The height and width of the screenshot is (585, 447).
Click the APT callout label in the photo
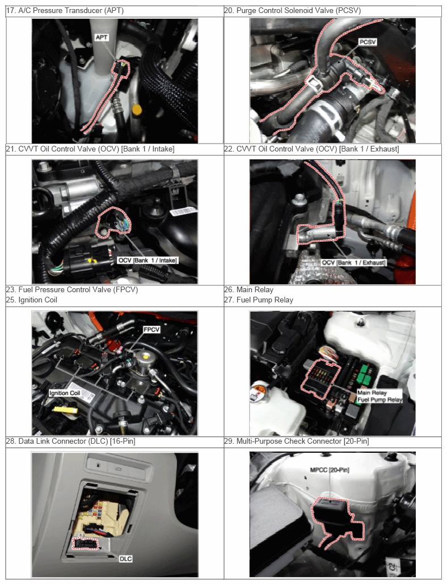tap(101, 37)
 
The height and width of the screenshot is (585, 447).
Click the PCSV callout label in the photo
tap(368, 42)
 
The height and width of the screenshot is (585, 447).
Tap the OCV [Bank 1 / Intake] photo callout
tap(147, 260)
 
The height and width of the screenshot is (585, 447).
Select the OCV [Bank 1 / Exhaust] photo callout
tap(354, 263)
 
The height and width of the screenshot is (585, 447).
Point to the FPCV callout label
tap(151, 330)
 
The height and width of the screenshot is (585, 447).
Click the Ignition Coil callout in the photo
tap(65, 393)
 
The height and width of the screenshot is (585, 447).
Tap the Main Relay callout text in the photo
tap(372, 393)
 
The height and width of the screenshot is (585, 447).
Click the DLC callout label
tap(126, 558)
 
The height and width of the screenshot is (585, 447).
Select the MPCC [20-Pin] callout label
tap(330, 470)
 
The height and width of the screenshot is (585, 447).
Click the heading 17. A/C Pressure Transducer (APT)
tap(65, 10)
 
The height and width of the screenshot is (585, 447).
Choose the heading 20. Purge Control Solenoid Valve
tap(293, 10)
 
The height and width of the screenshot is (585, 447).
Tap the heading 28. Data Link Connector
tap(70, 441)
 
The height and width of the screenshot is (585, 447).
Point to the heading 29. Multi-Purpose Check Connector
tap(297, 441)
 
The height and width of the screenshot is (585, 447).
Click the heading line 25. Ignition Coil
tap(32, 300)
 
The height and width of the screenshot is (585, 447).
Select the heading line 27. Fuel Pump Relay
tap(259, 300)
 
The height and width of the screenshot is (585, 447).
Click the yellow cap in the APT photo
tap(137, 110)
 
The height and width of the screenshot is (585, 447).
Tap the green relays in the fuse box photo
tap(364, 374)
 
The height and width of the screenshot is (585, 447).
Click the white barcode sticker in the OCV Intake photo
tap(183, 211)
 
